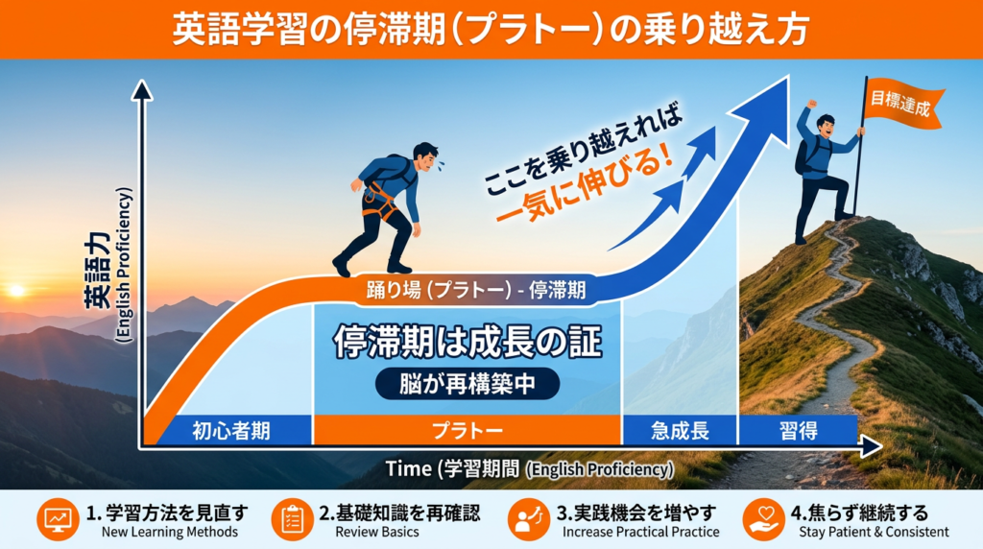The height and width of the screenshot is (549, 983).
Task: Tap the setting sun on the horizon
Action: coord(17,290)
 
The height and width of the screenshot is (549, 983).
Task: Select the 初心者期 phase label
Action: coord(231,431)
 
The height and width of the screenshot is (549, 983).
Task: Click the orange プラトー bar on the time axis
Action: coord(468,431)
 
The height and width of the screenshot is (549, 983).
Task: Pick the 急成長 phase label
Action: coord(680,431)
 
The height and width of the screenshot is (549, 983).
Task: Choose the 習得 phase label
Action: coord(798,431)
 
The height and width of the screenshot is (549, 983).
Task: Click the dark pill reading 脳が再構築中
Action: coord(468,384)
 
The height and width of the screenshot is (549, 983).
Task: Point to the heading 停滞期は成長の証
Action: coord(468,342)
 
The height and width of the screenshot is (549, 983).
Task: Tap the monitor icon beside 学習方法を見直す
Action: coord(58,519)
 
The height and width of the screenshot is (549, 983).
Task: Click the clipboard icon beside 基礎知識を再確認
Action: coord(292,519)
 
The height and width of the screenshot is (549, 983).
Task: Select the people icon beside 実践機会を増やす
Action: coord(529,519)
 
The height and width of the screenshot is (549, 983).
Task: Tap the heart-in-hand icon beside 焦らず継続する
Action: coord(763,519)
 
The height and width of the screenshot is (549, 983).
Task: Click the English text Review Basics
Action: coord(376,532)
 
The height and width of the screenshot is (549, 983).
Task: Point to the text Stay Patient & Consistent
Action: coord(874,532)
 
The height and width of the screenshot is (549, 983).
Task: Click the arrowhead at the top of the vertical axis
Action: coord(142,90)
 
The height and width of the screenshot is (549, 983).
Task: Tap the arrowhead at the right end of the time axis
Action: coord(871,447)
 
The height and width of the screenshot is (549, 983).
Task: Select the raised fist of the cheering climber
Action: coord(812,104)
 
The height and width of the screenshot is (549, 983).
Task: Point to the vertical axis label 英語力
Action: coord(99,270)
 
